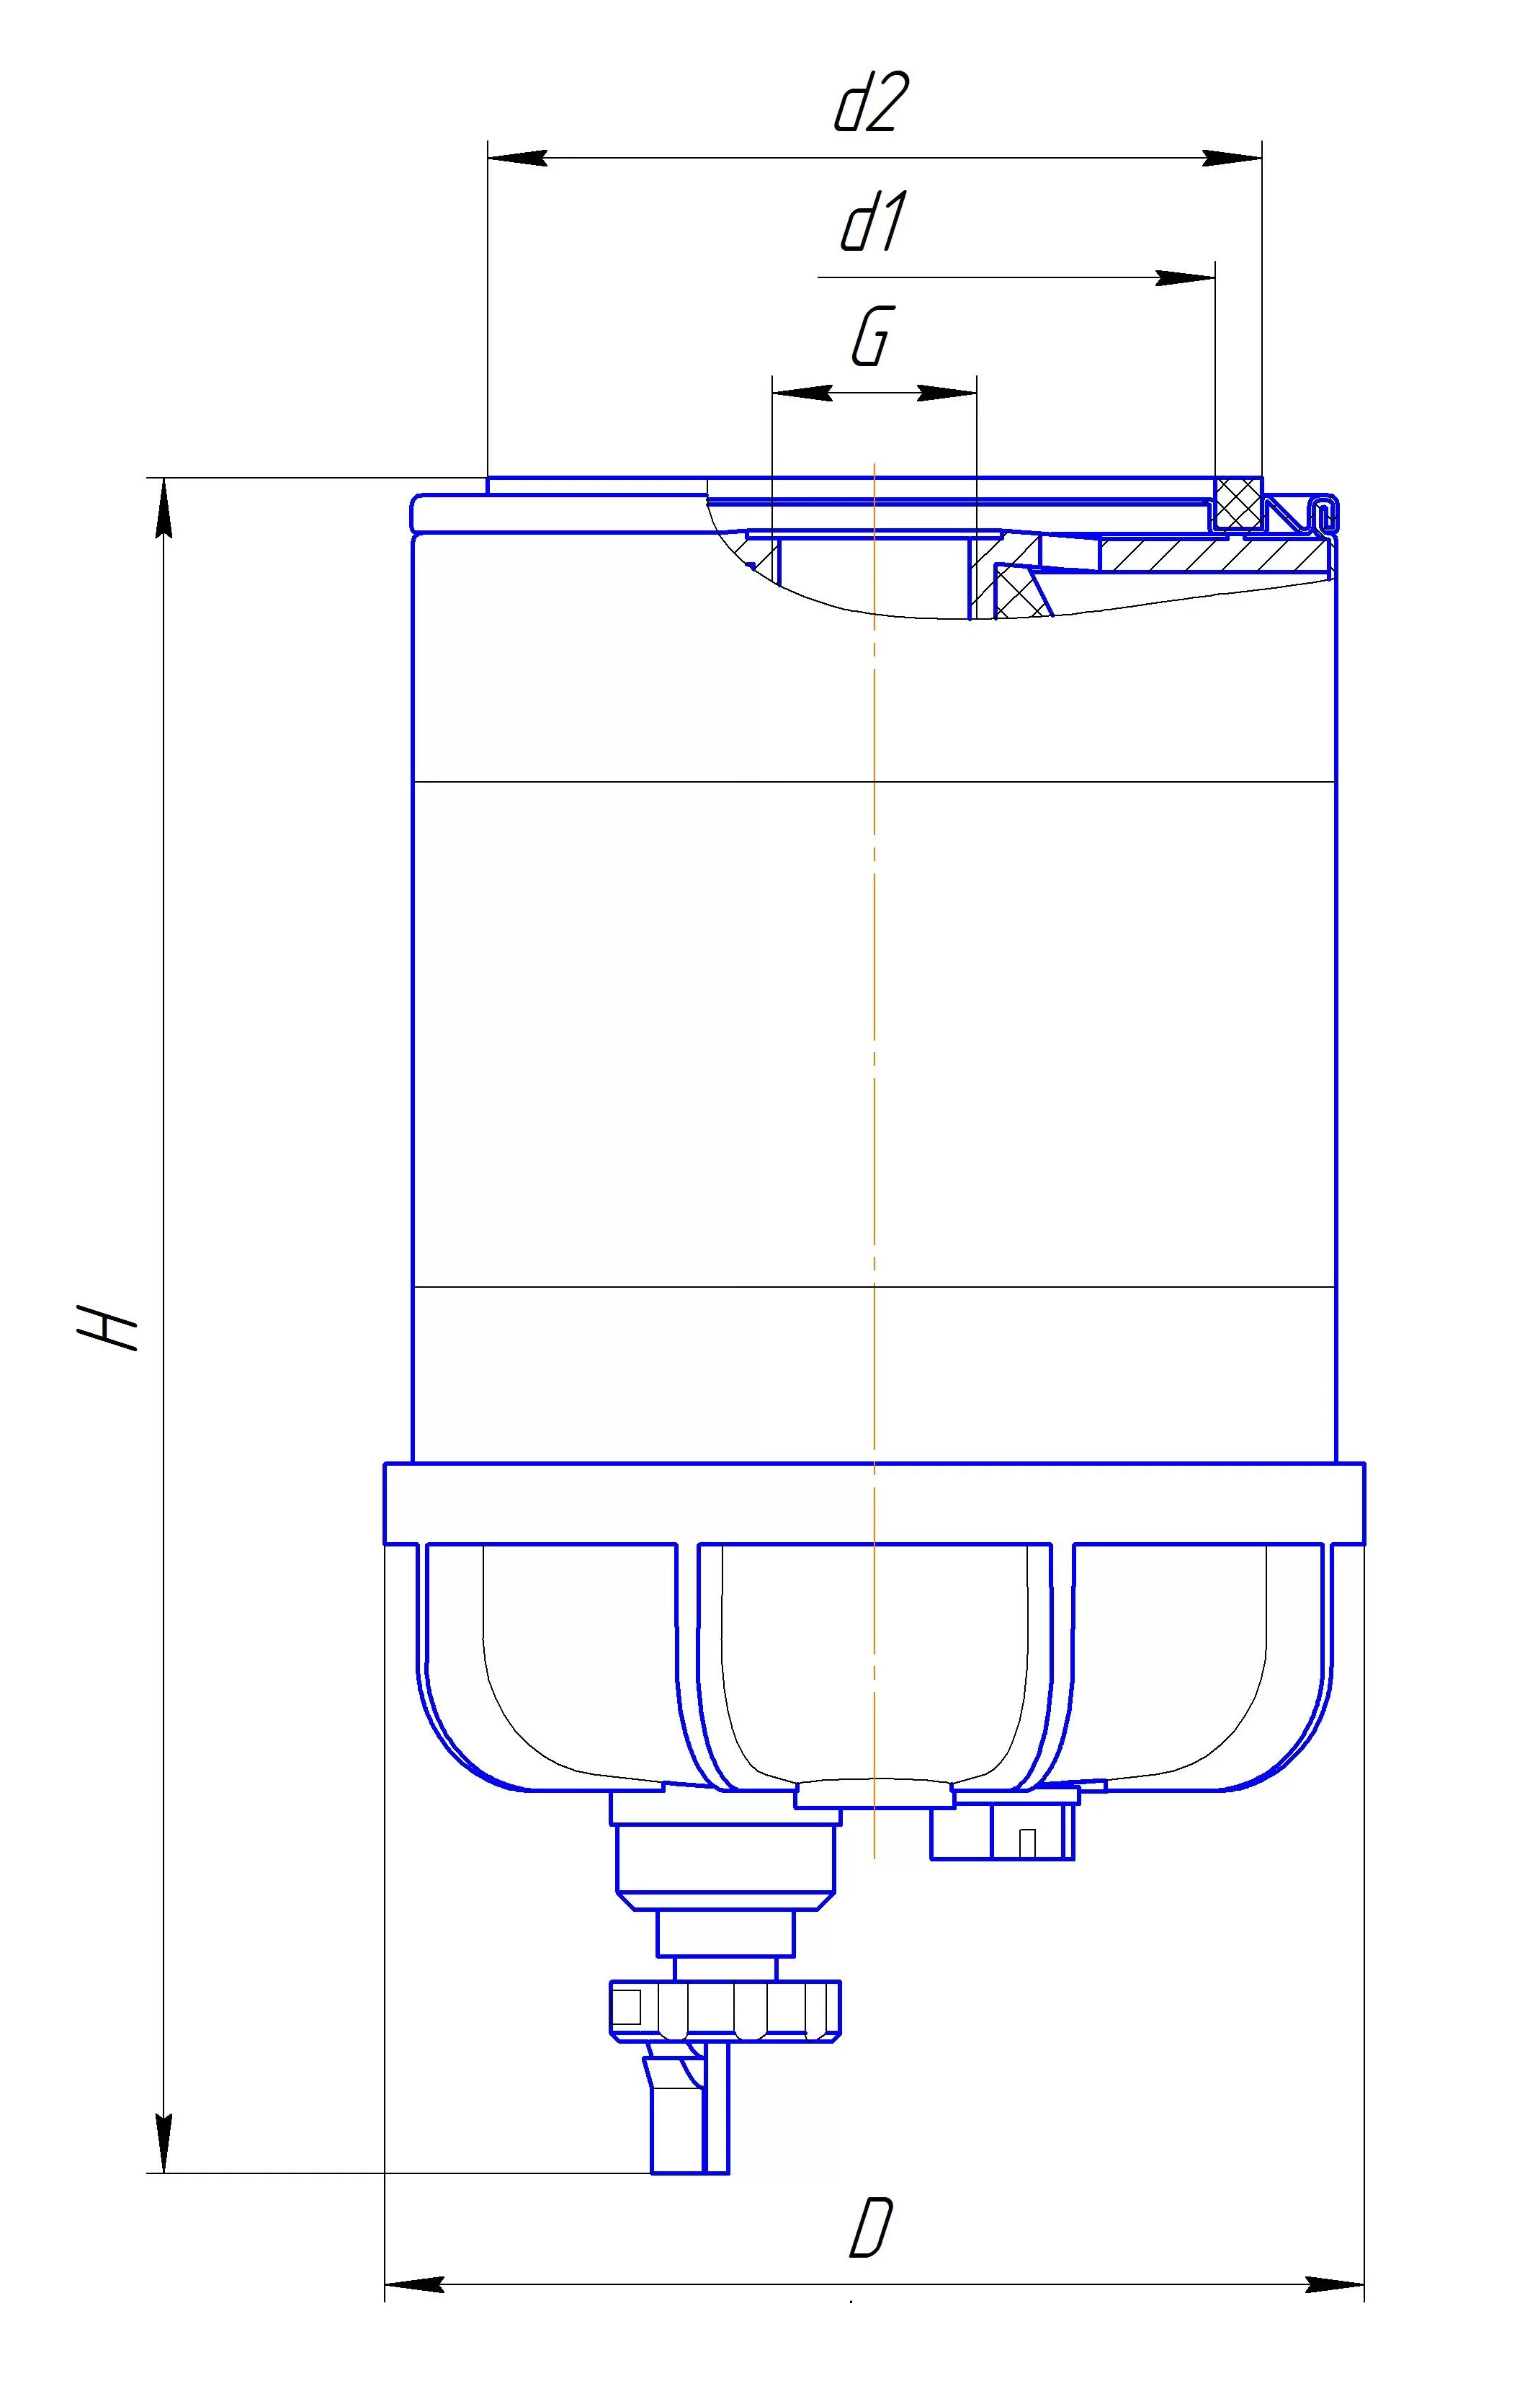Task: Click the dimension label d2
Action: pos(872,104)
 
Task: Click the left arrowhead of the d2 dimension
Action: pos(517,158)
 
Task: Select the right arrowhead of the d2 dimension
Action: pos(1232,158)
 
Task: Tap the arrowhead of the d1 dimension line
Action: pos(1185,277)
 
